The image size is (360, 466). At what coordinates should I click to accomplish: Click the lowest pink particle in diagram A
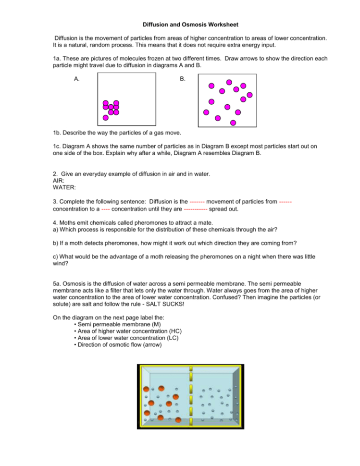point(106,117)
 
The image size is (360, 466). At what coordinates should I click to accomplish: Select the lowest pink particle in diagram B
point(233,123)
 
